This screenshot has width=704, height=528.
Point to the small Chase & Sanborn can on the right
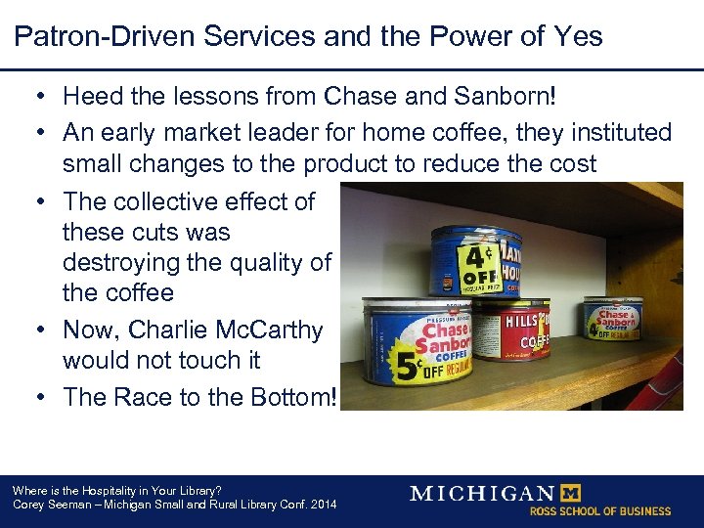tap(612, 320)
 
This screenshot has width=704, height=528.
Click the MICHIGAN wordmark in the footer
tap(481, 493)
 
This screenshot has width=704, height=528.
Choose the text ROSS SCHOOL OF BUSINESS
tap(600, 511)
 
